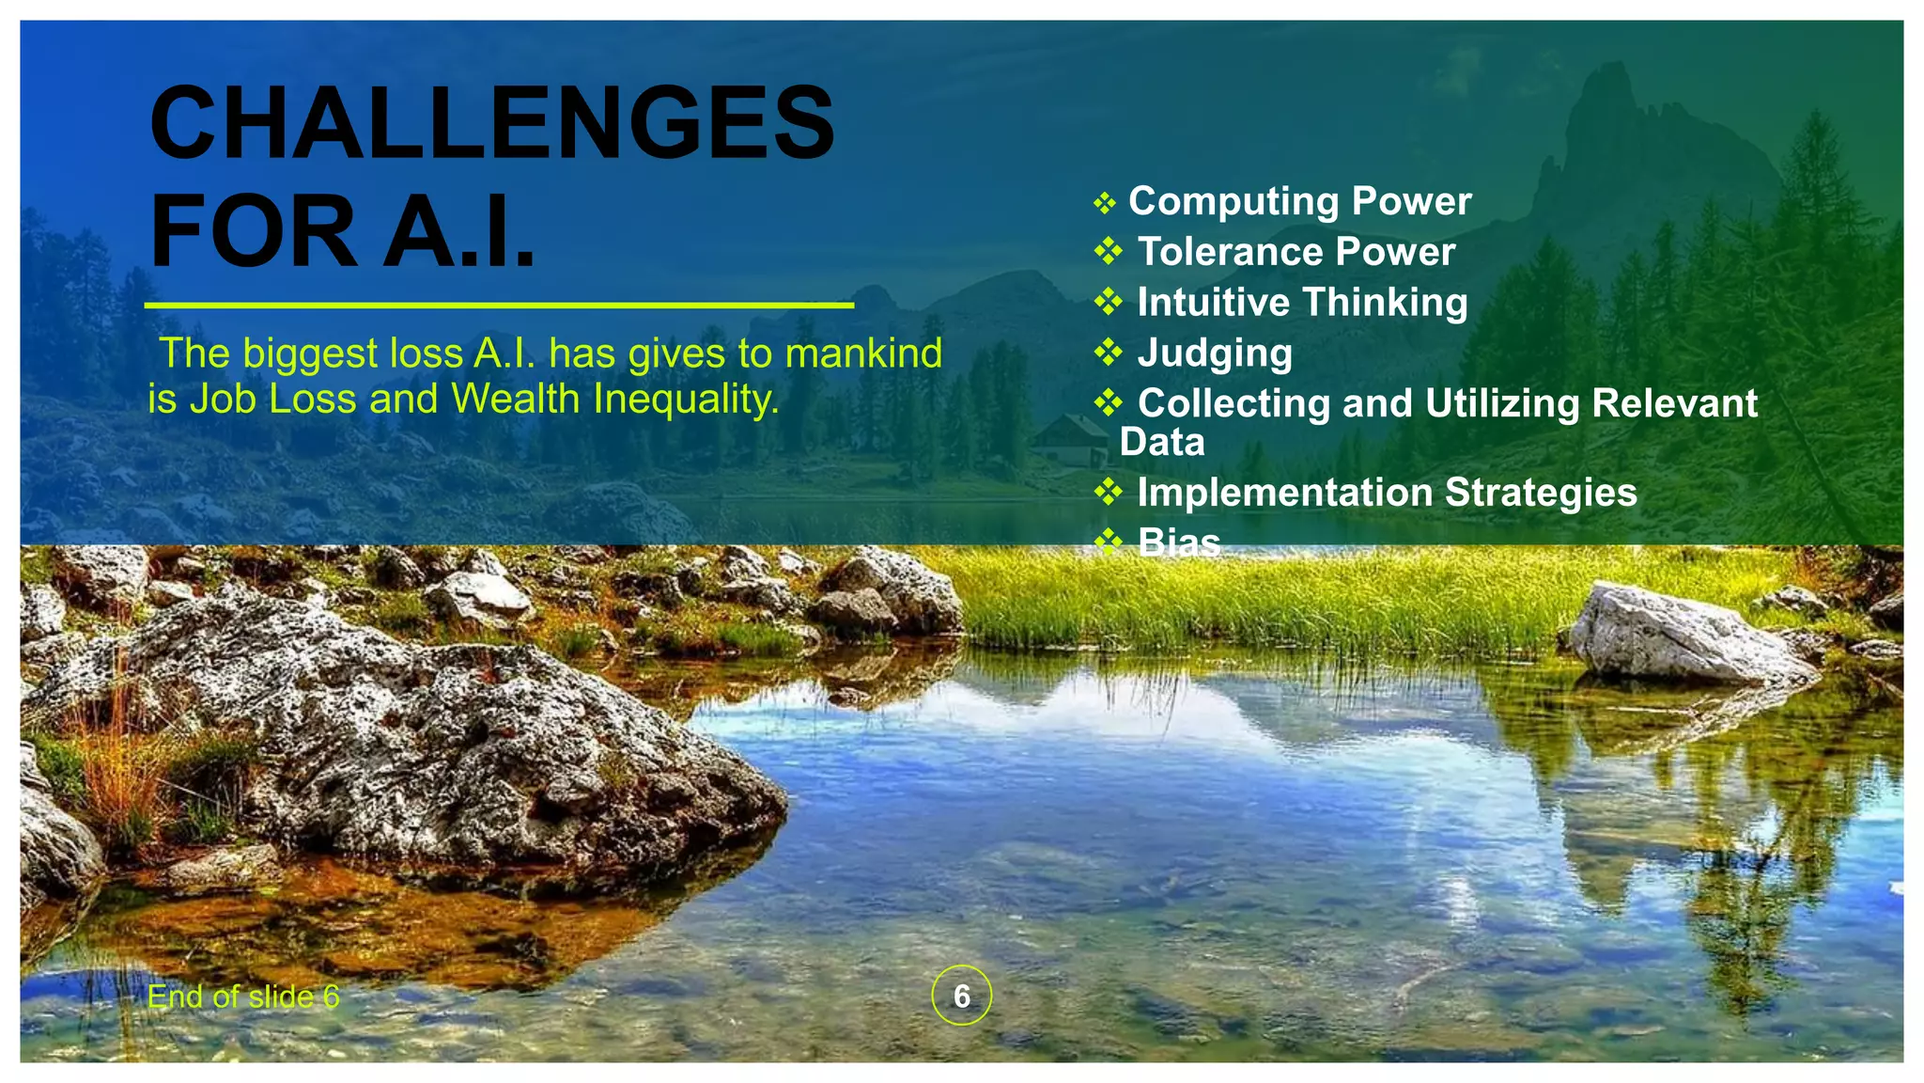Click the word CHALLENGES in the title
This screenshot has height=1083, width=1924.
491,124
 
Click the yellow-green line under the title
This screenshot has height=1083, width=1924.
498,306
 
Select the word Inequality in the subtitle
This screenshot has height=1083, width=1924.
687,400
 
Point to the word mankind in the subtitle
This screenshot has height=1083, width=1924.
862,354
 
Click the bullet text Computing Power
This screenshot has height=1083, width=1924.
1299,201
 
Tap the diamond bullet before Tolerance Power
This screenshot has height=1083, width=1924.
1109,251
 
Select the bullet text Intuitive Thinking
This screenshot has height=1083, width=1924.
1302,303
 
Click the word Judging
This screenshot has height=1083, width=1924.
1215,353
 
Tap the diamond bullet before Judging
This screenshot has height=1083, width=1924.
1109,353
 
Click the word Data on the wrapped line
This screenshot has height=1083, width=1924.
1162,443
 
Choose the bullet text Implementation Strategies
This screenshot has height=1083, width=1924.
1387,493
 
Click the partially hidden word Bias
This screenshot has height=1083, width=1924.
1178,541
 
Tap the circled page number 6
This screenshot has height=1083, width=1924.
961,996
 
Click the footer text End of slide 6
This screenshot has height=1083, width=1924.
243,997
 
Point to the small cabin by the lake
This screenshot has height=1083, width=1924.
1071,440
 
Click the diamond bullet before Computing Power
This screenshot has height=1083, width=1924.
1104,202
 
